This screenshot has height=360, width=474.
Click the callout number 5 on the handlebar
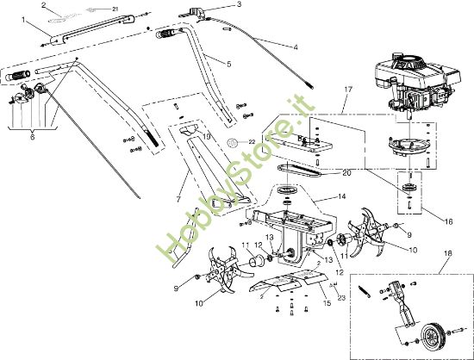coord(228,63)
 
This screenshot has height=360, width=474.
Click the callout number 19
coord(206,137)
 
